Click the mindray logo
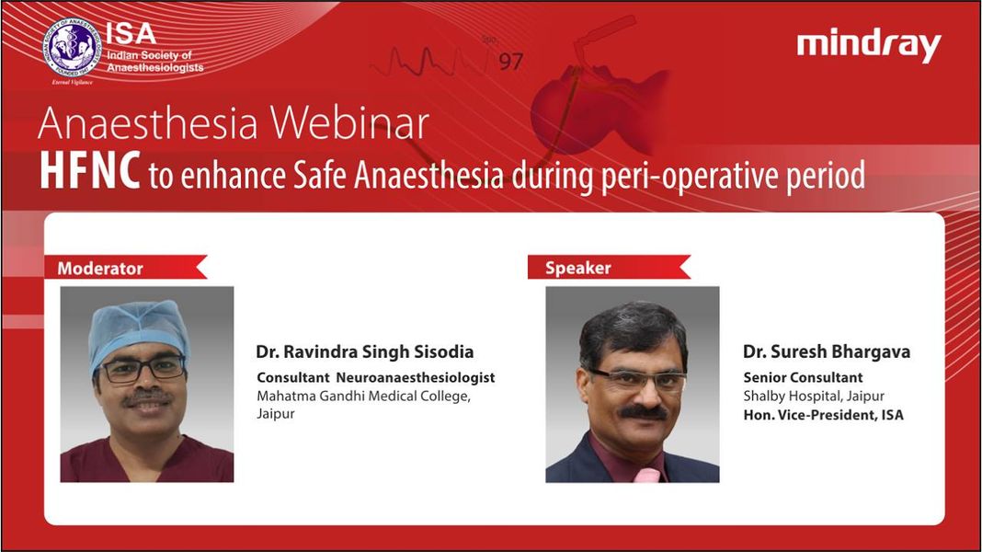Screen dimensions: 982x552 tap(869, 45)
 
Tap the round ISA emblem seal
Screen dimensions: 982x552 tap(72, 48)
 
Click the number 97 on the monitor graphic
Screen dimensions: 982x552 tap(510, 62)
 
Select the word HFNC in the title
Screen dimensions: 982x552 tap(89, 170)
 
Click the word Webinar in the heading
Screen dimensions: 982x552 tap(348, 122)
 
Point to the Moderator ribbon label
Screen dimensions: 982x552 tap(126, 268)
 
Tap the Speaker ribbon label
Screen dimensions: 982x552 tap(609, 267)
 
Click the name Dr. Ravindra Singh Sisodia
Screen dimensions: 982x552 tap(364, 351)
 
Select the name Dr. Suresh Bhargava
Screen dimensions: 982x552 tap(827, 351)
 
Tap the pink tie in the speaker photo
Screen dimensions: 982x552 tap(646, 475)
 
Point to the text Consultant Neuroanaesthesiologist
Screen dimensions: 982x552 tap(376, 377)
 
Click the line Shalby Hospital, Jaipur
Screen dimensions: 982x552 tap(814, 396)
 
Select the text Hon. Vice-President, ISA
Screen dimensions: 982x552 tap(824, 415)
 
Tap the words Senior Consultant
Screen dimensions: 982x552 tap(803, 377)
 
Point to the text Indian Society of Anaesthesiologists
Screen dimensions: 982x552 tap(154, 62)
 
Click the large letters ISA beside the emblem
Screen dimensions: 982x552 tap(131, 33)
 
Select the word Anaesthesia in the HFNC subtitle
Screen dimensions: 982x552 tap(428, 175)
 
